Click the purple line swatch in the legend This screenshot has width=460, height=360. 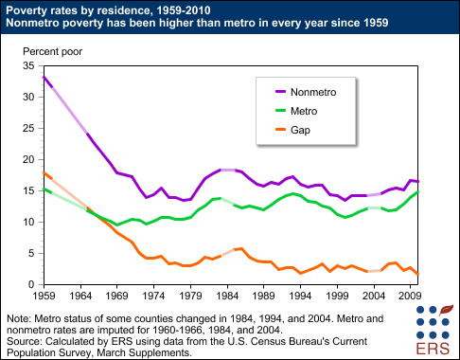click(279, 92)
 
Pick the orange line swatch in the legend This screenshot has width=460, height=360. click(279, 131)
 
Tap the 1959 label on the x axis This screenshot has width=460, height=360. click(44, 297)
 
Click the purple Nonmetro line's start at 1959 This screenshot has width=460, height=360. click(44, 77)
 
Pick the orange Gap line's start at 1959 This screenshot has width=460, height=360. click(44, 172)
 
